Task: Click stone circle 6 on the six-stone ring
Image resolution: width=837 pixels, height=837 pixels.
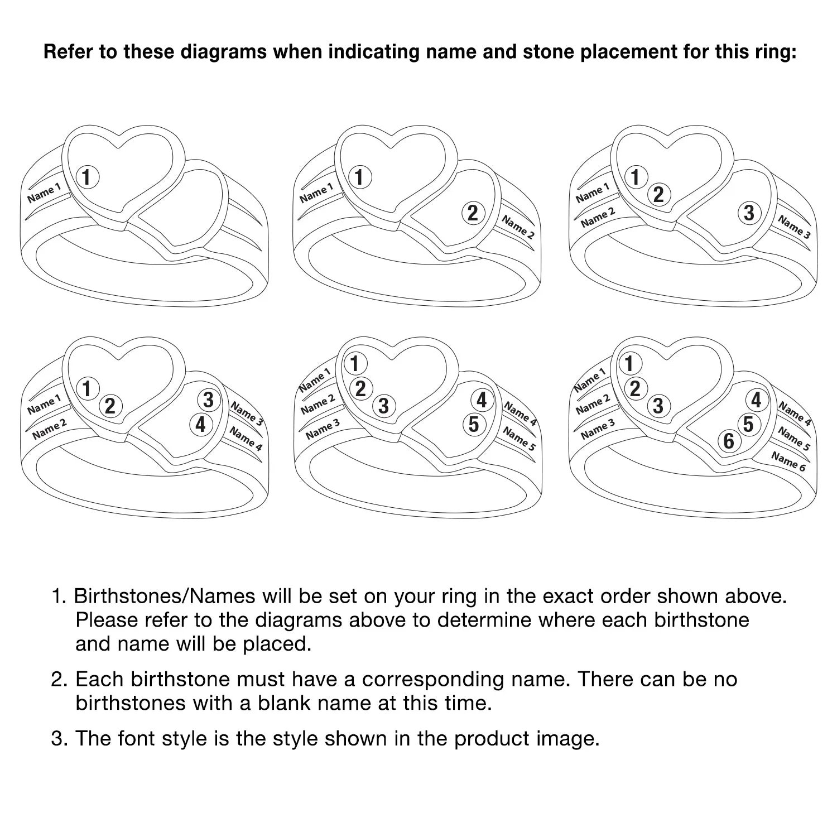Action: pos(729,441)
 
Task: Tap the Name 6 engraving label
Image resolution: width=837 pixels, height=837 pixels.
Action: pos(788,461)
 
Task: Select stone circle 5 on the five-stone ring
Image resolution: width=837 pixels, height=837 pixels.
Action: pos(474,425)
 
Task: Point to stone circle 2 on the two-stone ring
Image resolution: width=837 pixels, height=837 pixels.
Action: pos(473,213)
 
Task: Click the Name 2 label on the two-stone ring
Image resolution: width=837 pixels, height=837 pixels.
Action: pos(517,227)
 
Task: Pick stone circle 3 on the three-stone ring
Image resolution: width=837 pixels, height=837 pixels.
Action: pos(749,213)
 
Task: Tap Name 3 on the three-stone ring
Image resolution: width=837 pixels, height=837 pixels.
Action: pos(794,227)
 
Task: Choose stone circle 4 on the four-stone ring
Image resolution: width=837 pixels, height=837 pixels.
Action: pos(200,425)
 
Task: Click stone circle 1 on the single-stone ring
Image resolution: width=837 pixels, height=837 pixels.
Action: pos(86,177)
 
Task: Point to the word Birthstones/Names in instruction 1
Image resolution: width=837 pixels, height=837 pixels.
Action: pos(165,597)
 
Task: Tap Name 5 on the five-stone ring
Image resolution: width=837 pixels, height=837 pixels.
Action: pos(518,439)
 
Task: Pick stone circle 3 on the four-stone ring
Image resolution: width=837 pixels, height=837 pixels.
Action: pos(208,400)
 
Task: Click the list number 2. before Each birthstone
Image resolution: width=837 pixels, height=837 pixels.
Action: pos(60,680)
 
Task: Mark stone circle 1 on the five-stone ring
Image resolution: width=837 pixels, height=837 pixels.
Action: pos(354,364)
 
